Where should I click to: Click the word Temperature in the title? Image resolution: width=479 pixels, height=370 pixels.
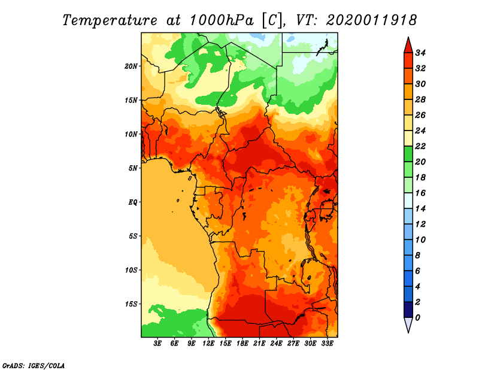(110, 21)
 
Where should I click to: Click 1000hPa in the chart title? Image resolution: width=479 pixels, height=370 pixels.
(222, 20)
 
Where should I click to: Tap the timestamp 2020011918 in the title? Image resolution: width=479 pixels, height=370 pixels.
(371, 20)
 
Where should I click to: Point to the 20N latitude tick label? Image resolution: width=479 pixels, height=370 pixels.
(131, 66)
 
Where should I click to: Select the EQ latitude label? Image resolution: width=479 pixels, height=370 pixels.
(133, 202)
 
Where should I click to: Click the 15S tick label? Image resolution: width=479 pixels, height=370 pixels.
(131, 304)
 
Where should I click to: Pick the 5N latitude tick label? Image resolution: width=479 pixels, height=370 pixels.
(133, 168)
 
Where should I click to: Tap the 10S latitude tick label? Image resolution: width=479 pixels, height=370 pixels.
(131, 270)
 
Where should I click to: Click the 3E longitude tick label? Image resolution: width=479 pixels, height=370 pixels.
(157, 344)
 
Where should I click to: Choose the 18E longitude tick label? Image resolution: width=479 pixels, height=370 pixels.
(242, 344)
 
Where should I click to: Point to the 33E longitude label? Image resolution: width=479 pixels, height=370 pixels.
(327, 344)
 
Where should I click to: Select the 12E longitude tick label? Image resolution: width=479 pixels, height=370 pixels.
(208, 344)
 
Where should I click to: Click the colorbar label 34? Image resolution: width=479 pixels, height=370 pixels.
(420, 53)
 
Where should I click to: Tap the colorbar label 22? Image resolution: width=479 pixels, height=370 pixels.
(420, 146)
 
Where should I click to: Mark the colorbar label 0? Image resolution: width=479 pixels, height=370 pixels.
(417, 318)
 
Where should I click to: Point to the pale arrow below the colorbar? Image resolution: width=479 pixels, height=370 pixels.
(408, 324)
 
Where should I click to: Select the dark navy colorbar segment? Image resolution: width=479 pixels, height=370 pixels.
(408, 310)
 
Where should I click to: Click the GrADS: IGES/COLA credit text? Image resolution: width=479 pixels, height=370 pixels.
(34, 365)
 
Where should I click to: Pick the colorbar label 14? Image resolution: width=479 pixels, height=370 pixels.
(420, 209)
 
